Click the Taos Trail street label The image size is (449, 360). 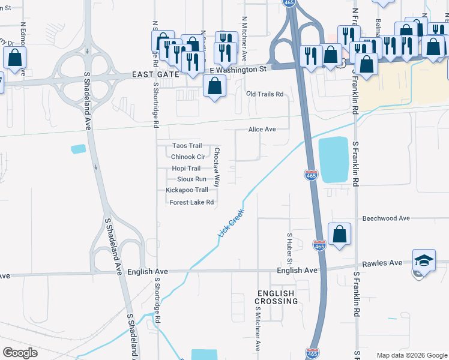click(187, 146)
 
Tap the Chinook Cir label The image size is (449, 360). click(188, 157)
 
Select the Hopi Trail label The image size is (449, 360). click(186, 169)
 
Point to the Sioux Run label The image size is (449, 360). click(191, 179)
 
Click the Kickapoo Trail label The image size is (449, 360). click(187, 190)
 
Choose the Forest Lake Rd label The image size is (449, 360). click(191, 202)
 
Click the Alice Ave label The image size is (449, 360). click(262, 130)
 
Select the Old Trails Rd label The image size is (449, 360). click(265, 94)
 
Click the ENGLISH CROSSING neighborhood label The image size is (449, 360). click(277, 297)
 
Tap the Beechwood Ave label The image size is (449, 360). click(386, 218)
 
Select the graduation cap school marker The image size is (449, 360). click(424, 262)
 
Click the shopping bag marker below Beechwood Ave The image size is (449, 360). click(339, 234)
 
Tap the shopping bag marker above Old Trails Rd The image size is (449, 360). click(214, 86)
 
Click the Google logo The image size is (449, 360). click(20, 353)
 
